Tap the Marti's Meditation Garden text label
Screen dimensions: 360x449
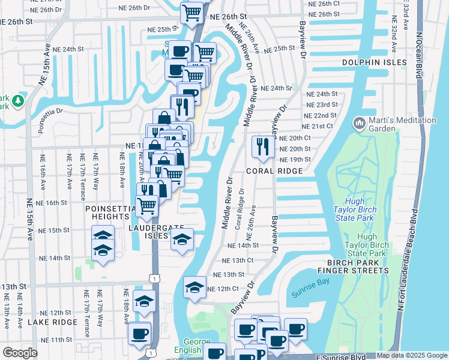click(403, 125)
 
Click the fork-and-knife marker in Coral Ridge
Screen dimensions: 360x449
click(262, 147)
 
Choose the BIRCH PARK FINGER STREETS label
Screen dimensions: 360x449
click(358, 266)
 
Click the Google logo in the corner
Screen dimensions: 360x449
click(20, 353)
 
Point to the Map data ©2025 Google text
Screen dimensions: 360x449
click(412, 356)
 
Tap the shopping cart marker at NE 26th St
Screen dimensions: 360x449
click(191, 13)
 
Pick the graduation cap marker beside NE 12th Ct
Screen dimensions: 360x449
click(194, 288)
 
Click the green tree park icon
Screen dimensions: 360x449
click(19, 100)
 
